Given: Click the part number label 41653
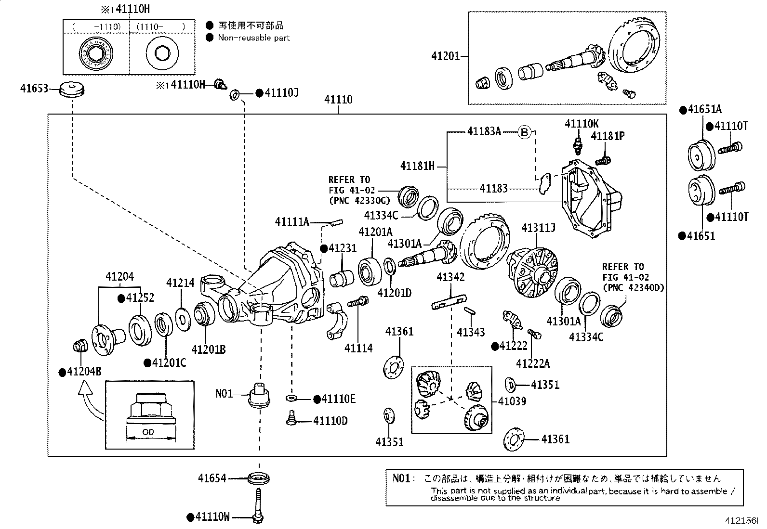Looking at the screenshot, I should point(34,89).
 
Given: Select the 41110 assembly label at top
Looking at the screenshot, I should point(338,100).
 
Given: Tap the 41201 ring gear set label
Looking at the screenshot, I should point(446,56).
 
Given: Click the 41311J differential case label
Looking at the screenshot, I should point(538,228).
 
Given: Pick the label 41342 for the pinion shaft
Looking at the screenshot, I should point(450,277).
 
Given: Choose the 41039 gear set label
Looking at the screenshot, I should point(512,401).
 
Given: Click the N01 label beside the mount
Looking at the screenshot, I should point(224,394).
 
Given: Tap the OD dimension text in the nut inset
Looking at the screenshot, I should point(148,432).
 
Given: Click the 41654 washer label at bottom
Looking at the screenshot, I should point(212,478).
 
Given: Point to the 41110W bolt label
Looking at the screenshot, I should point(212,517).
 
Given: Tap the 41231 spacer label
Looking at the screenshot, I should point(343,248).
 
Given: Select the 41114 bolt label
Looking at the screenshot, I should point(358,348).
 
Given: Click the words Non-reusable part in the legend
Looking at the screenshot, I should point(254,38).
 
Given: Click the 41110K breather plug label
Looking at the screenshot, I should point(582,124).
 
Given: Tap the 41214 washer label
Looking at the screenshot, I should point(181,283).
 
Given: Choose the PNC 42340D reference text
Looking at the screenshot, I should point(633,288).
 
